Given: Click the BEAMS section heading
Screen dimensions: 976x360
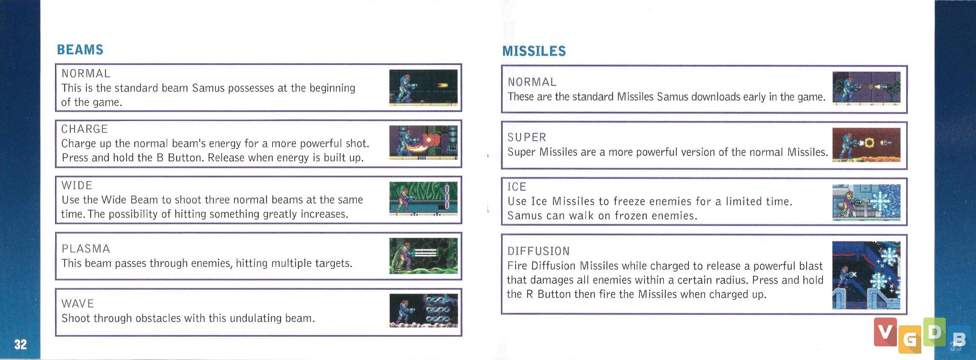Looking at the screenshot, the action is [x=80, y=50].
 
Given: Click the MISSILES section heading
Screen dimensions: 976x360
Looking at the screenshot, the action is [x=534, y=51].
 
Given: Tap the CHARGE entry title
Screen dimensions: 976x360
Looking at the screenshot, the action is [x=84, y=129].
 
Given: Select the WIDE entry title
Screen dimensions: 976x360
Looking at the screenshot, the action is [x=77, y=185].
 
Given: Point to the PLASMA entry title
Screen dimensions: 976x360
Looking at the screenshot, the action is [x=86, y=249].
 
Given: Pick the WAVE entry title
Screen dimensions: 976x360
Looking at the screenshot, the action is [x=78, y=303].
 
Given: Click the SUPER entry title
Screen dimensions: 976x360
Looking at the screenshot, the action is [x=527, y=138].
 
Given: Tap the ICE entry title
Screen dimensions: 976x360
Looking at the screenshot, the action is [x=517, y=187].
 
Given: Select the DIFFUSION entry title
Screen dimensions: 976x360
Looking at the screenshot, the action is [x=538, y=251].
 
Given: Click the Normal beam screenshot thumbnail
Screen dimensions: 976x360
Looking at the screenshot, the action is [x=424, y=87].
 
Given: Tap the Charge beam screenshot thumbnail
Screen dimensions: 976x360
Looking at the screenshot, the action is [x=424, y=142].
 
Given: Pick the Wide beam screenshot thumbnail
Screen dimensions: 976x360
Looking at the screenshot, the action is [x=424, y=199].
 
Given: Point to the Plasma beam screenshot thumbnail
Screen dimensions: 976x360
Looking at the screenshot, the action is [x=424, y=256].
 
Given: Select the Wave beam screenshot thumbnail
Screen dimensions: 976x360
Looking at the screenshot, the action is [x=424, y=311].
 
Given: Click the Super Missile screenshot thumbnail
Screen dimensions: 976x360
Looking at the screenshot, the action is [x=866, y=145].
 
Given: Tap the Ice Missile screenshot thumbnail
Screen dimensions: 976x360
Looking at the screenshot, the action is [x=866, y=202].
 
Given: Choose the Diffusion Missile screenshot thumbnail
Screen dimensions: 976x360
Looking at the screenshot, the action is [x=866, y=275].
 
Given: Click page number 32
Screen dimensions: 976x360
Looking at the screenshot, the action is [x=20, y=344].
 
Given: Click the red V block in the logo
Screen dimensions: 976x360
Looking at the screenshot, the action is [x=885, y=332].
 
